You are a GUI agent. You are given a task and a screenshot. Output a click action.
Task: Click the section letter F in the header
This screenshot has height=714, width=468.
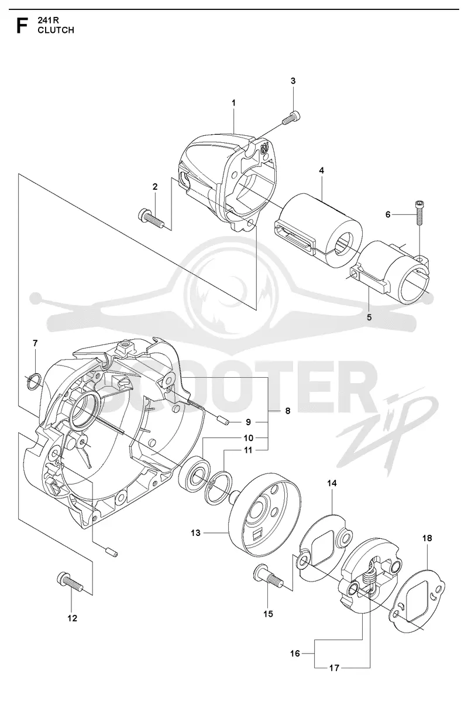click(22, 26)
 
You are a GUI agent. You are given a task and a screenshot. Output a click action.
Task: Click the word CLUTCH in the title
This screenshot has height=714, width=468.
click(56, 30)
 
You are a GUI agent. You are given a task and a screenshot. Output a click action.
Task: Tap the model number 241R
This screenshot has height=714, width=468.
click(48, 21)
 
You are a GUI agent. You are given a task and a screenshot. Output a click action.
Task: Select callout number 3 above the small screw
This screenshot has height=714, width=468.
click(293, 81)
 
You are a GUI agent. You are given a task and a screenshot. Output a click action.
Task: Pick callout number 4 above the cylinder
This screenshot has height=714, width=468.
click(322, 170)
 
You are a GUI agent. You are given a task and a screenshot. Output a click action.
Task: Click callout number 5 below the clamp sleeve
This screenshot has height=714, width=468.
click(369, 317)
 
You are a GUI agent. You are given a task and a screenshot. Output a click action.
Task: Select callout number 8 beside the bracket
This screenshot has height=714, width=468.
click(288, 411)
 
